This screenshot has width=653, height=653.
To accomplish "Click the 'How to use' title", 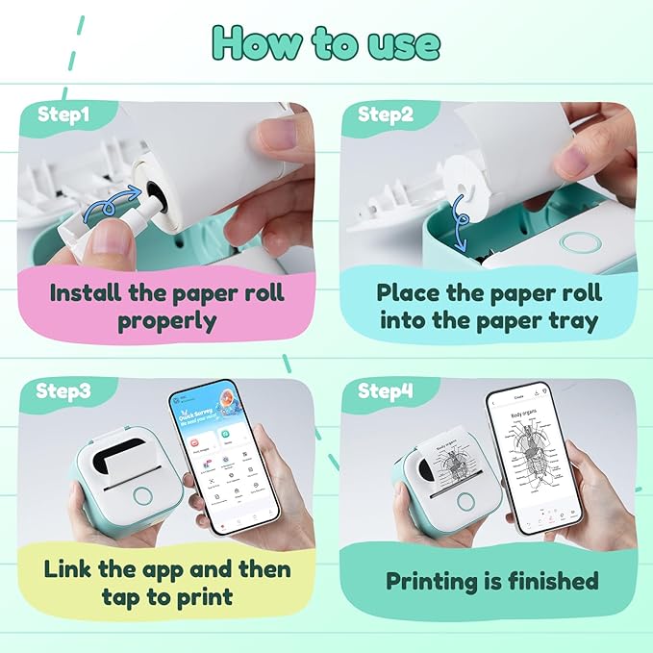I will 326,43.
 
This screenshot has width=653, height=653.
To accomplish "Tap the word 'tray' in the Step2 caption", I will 570,320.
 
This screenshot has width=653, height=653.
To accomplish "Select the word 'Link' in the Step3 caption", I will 73,568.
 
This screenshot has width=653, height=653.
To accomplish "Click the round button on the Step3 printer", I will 144,496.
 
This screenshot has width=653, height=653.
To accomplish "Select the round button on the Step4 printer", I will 466,501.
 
